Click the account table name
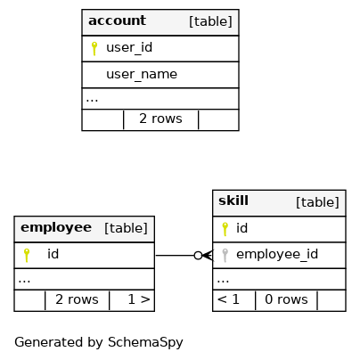point(117,20)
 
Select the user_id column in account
point(129,47)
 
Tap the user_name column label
point(142,74)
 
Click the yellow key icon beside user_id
point(94,48)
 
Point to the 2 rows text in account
point(160,119)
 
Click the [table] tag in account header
point(210,21)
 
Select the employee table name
point(56,228)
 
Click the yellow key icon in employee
point(27,255)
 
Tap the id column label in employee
point(53,254)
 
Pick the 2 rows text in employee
point(77,299)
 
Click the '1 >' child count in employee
point(139,299)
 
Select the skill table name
point(233,200)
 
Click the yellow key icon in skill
point(225,229)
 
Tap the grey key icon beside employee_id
point(225,255)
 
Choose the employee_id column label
point(277,254)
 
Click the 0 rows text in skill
point(286,299)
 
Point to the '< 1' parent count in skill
point(228,299)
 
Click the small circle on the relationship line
point(198,256)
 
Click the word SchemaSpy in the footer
point(145,342)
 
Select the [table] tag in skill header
point(317,202)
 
